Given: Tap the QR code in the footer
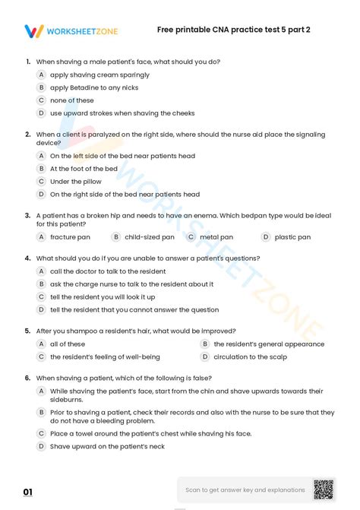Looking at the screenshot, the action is [x=324, y=489].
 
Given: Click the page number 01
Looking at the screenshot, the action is [x=28, y=493].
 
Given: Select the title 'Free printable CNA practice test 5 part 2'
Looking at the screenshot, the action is [x=233, y=30].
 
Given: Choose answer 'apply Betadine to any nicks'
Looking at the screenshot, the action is [x=93, y=87].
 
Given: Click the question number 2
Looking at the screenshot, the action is [x=27, y=135].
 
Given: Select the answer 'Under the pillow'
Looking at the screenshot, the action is [x=75, y=182].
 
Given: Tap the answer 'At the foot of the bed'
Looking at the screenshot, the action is [x=84, y=169].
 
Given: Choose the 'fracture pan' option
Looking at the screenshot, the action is [x=70, y=237].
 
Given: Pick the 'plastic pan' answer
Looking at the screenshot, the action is [x=292, y=237].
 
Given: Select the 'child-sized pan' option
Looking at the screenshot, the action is [x=149, y=237].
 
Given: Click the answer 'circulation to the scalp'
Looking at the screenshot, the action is [x=250, y=356].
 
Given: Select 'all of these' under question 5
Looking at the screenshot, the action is [x=68, y=344].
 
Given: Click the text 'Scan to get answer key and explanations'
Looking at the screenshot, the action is [x=245, y=490].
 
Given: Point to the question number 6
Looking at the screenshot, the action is [x=27, y=378].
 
